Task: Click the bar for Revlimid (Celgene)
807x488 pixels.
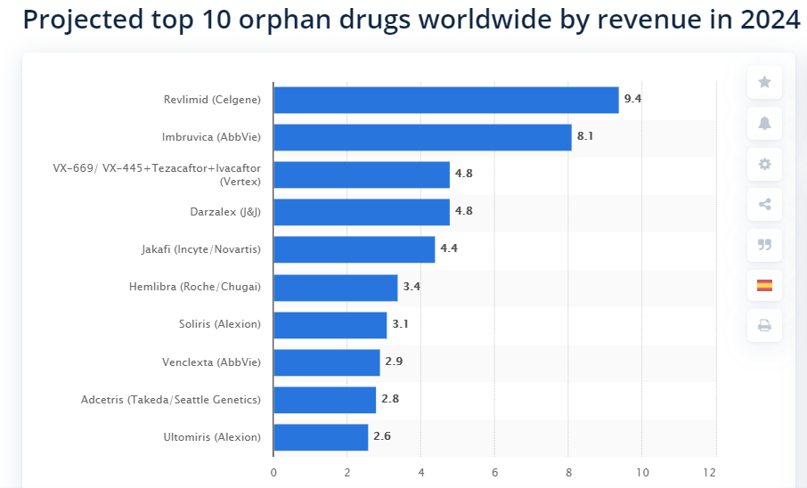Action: [445, 100]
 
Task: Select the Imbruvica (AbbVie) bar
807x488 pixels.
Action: [422, 137]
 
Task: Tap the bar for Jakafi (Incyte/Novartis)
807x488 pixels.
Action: [354, 249]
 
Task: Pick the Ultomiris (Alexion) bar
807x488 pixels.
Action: [321, 437]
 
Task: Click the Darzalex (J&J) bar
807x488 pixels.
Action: [361, 212]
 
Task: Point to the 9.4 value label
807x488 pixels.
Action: [632, 99]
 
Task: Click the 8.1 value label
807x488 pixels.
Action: [585, 137]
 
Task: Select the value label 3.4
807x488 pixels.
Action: [412, 287]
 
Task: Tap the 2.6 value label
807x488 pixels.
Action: [382, 436]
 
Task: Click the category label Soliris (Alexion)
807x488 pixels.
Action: [219, 324]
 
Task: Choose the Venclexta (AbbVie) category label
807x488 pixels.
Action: [211, 362]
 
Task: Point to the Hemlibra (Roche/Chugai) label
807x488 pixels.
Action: [194, 287]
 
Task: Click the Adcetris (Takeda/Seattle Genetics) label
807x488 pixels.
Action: [170, 399]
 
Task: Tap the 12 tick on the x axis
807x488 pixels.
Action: [710, 472]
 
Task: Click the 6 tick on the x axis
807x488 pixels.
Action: [494, 472]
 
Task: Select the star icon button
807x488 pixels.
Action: [764, 83]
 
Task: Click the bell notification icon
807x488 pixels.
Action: [764, 124]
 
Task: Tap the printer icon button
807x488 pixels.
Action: [764, 326]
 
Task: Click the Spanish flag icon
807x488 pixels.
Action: [764, 286]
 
